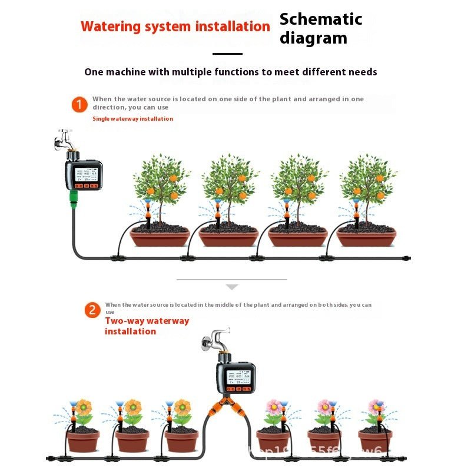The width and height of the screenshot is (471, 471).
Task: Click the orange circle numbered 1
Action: point(79,105)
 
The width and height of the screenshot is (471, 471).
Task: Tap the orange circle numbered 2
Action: point(92,310)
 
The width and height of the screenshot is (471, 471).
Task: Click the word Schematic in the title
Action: point(321,19)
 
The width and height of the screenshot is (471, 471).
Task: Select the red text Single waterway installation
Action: point(132,119)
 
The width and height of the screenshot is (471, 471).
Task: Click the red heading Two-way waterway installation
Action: point(147,326)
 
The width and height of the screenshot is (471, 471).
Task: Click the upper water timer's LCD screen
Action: point(84,174)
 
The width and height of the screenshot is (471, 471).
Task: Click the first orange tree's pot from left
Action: point(160,237)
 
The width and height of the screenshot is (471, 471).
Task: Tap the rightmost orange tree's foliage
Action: point(368,180)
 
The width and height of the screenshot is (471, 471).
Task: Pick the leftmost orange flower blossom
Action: point(84,406)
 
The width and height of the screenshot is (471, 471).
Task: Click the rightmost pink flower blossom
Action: point(374,406)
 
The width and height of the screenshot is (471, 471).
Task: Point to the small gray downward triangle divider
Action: point(232,287)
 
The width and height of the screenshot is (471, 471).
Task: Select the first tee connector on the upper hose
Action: point(118,258)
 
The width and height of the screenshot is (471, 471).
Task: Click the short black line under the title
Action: point(227,54)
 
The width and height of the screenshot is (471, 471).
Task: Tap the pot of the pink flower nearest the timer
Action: point(273,440)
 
